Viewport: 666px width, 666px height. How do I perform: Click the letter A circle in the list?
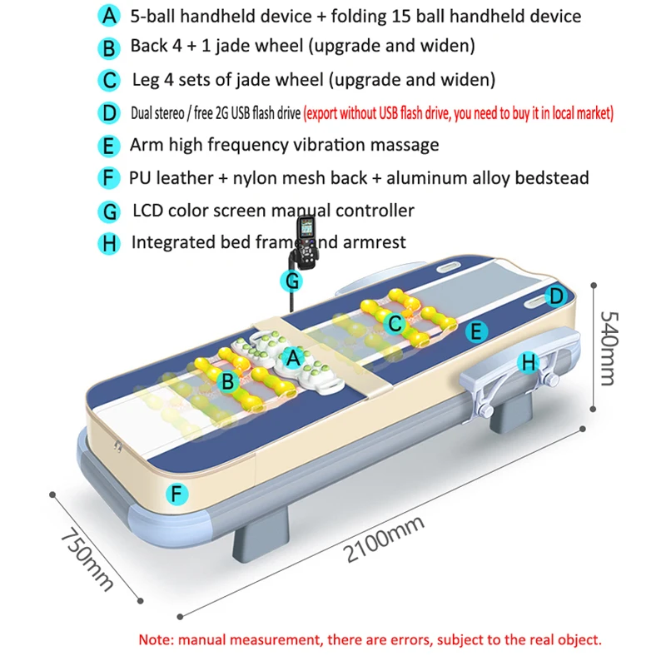pyautogui.click(x=108, y=16)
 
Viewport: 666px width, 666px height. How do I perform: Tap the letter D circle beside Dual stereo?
pyautogui.click(x=108, y=112)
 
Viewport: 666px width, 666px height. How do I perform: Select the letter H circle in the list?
pyautogui.click(x=108, y=243)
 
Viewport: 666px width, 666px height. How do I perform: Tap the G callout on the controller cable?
pyautogui.click(x=292, y=281)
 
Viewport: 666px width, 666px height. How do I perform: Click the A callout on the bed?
pyautogui.click(x=292, y=359)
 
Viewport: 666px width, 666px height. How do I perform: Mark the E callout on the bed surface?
pyautogui.click(x=476, y=332)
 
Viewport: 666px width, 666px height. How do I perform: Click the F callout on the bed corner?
pyautogui.click(x=175, y=494)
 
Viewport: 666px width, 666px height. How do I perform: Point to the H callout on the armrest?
pyautogui.click(x=528, y=362)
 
